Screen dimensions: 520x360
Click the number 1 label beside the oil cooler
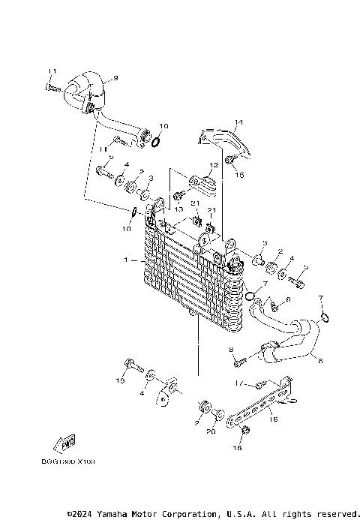[x=127, y=260]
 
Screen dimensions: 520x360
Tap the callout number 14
[x=239, y=123]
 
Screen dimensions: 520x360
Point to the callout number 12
[x=214, y=165]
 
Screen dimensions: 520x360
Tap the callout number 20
[x=211, y=431]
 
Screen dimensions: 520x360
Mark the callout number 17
[x=238, y=383]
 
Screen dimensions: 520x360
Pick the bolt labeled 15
[x=230, y=160]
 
